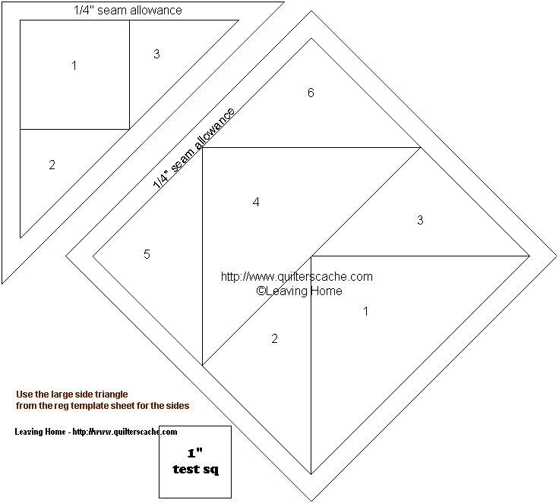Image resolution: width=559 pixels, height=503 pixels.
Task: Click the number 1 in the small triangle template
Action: [74, 65]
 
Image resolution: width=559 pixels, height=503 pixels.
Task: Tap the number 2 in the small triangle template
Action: [52, 165]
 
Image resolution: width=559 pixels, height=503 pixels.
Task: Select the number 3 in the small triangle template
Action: [156, 54]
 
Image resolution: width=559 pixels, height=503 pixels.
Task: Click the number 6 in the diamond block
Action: [311, 93]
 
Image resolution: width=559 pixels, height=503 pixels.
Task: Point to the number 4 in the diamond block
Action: [256, 202]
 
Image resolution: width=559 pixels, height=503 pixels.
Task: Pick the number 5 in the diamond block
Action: [147, 254]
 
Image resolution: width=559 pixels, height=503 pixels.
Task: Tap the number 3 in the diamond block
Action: [420, 220]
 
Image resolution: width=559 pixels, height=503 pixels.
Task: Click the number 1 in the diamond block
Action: [366, 311]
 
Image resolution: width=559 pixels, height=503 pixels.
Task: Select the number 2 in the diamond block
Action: [274, 338]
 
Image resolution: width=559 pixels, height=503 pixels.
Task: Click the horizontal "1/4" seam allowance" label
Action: [128, 10]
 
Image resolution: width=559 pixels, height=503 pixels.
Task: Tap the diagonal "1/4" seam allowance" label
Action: [194, 147]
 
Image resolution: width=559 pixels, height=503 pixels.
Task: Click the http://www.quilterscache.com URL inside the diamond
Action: [297, 276]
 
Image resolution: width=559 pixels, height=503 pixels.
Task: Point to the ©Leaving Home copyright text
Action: [299, 291]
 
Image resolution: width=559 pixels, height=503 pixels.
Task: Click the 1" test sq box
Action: [195, 462]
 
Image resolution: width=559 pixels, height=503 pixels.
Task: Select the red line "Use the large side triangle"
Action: [72, 395]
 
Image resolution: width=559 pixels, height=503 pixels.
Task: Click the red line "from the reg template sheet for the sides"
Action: [103, 406]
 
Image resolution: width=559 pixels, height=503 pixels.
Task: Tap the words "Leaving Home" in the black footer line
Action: [40, 432]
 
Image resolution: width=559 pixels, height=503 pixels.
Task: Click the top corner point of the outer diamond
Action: [311, 11]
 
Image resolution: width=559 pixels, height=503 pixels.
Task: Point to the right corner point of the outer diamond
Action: [556, 256]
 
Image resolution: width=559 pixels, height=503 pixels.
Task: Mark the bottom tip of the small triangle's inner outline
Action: [21, 237]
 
